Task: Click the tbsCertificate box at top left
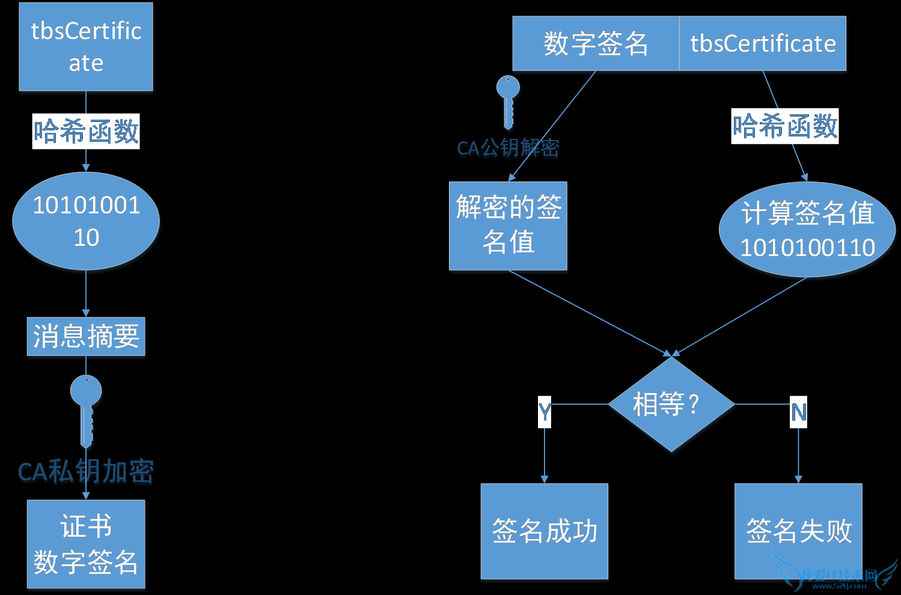click(x=86, y=47)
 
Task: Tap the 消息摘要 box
click(x=86, y=337)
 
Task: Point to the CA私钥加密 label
click(x=86, y=472)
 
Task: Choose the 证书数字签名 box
click(x=86, y=544)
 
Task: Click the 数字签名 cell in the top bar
click(x=596, y=44)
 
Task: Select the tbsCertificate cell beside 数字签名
click(x=763, y=44)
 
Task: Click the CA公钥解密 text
click(x=508, y=148)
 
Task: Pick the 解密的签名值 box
click(x=508, y=226)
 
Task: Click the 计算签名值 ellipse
click(x=807, y=230)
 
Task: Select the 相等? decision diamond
click(x=671, y=404)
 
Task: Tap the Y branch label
click(x=545, y=412)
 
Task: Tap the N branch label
click(x=798, y=412)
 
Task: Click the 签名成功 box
click(x=545, y=531)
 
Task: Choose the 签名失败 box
click(x=798, y=531)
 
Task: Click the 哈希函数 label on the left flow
click(x=86, y=131)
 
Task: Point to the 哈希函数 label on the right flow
click(x=784, y=126)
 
